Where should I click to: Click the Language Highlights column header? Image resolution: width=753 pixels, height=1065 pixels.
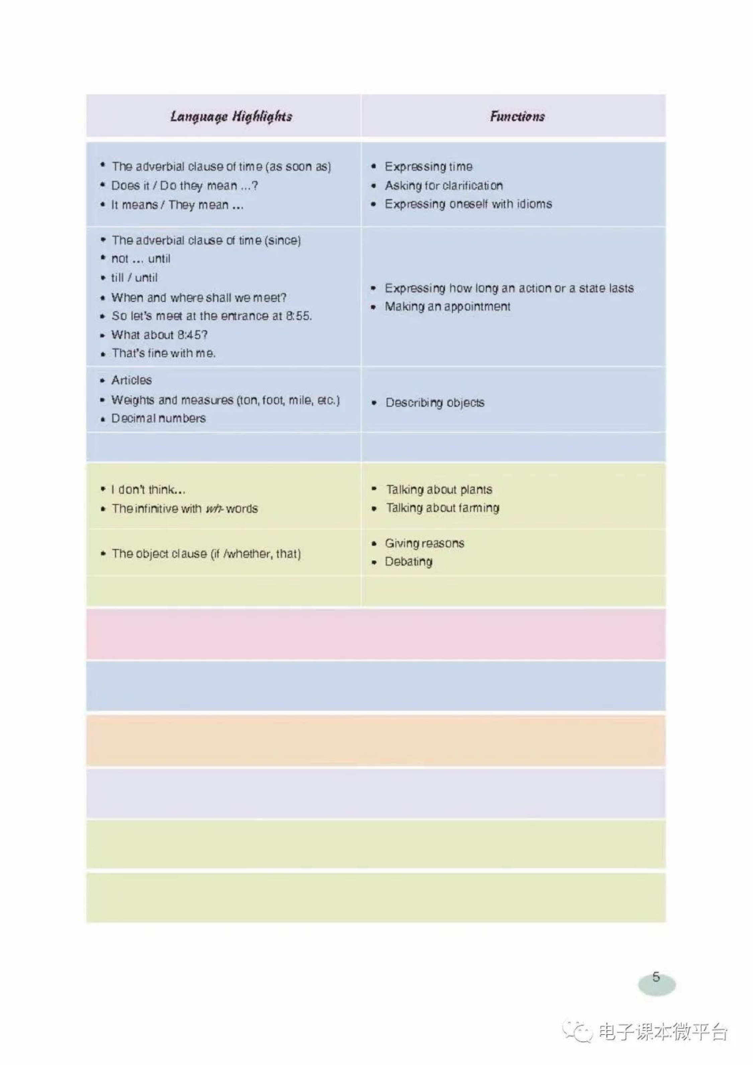coord(231,116)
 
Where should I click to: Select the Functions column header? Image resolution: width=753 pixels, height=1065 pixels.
coord(517,116)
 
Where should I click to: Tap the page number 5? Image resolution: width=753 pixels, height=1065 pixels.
coord(656,977)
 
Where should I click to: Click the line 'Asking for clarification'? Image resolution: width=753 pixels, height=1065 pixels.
coord(443,186)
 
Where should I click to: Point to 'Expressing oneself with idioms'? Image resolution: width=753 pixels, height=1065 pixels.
coord(468,204)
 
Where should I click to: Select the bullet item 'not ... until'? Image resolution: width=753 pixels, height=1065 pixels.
coord(141,259)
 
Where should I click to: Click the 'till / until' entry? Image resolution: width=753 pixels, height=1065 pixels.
coord(134,278)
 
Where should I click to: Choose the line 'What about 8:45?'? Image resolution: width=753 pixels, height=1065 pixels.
coord(159,335)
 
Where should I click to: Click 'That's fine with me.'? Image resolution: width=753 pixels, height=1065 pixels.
coord(163,353)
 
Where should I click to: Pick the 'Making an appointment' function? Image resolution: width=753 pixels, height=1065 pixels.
coord(447,306)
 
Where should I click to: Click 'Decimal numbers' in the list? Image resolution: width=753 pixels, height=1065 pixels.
coord(158,418)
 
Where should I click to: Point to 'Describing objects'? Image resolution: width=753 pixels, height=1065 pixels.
coord(435,403)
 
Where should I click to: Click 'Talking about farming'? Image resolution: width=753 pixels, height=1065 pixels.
coord(443,508)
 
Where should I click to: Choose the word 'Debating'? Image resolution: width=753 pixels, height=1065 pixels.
coord(408,562)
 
